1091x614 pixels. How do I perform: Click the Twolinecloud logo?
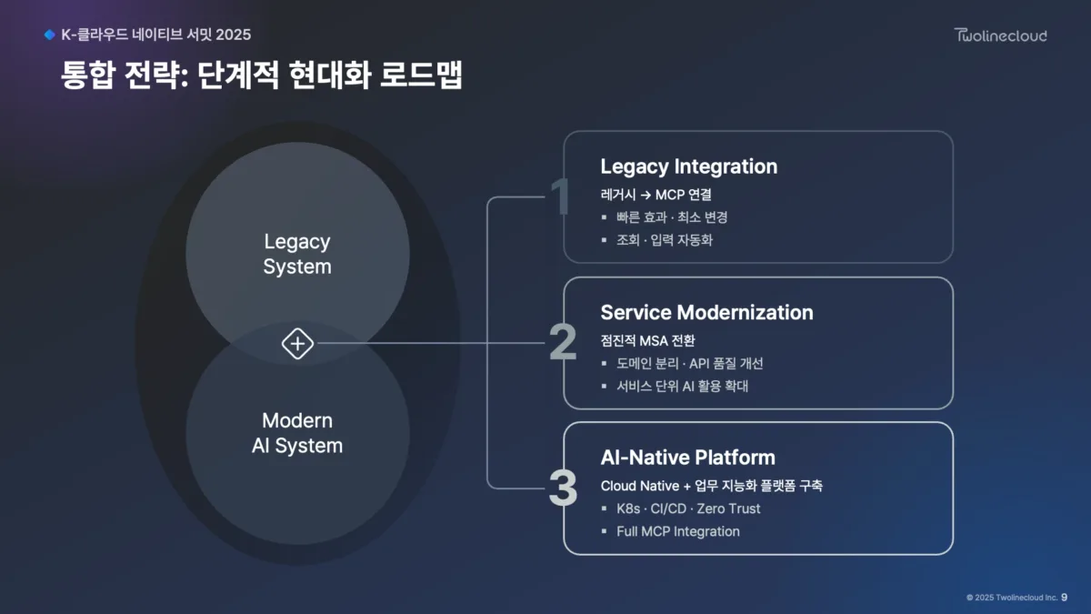tap(1000, 35)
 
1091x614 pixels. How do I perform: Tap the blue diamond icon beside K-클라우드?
tap(49, 35)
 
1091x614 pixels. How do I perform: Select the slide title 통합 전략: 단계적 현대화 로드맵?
tap(262, 75)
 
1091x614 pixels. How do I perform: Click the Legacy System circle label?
tap(297, 254)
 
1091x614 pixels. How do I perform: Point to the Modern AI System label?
tap(297, 433)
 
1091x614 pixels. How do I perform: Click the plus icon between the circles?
tap(297, 344)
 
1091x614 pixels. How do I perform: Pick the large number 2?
tap(562, 344)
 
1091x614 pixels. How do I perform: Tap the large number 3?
tap(562, 489)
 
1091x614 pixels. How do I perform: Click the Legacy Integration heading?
tap(688, 166)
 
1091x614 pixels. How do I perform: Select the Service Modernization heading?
tap(706, 312)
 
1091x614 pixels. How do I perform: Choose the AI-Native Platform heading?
tap(687, 458)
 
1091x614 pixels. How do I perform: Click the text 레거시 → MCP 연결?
tap(657, 195)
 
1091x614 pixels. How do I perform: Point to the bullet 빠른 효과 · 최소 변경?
tap(672, 217)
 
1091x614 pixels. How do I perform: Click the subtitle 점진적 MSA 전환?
tap(647, 340)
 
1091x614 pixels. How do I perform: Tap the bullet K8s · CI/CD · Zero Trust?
tap(688, 508)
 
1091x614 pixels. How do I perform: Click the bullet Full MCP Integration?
tap(677, 531)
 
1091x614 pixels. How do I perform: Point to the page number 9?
tap(1064, 598)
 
